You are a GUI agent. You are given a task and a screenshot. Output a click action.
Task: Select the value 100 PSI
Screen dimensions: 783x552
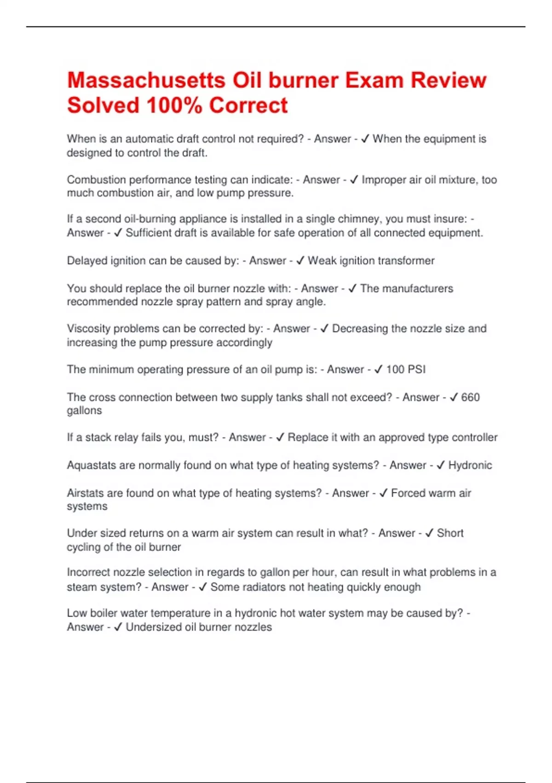tap(406, 369)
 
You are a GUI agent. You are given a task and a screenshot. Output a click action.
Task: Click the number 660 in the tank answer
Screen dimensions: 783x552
tap(470, 397)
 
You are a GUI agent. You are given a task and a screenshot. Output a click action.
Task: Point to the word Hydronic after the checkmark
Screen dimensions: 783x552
tap(470, 465)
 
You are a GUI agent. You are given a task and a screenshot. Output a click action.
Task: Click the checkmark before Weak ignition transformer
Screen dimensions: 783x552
tap(300, 261)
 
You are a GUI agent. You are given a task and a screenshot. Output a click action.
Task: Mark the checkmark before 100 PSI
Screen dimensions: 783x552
tap(379, 369)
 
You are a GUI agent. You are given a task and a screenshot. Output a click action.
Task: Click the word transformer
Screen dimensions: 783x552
tap(406, 261)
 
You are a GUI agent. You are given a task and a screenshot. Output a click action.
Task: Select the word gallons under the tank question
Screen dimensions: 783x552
tap(84, 410)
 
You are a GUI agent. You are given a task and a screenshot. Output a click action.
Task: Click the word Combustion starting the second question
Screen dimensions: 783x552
tap(96, 180)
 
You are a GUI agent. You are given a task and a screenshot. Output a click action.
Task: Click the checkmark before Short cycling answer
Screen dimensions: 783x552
tap(429, 533)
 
